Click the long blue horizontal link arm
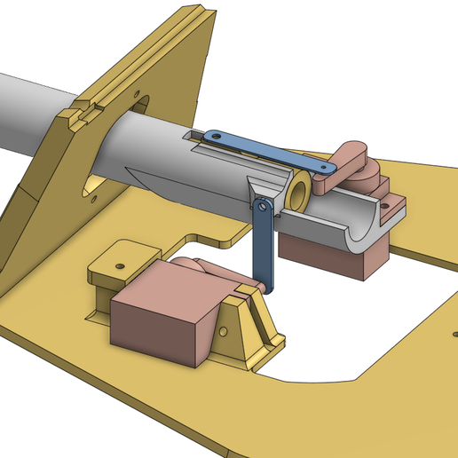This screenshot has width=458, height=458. click(266, 152)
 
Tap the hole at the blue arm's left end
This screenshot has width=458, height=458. click(213, 136)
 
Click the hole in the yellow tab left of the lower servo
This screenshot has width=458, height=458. click(119, 264)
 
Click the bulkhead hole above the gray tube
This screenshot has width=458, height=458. click(136, 92)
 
